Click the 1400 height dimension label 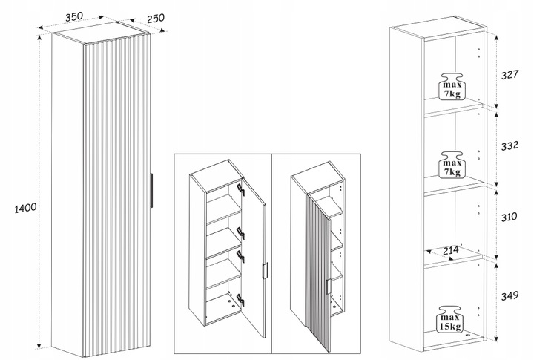coord(25,208)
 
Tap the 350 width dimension coord(74,17)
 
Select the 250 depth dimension coord(156,18)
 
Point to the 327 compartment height coord(510,74)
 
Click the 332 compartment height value coord(510,145)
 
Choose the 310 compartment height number coord(509,217)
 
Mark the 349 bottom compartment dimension coord(510,295)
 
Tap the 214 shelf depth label coord(451,251)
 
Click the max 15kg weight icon coord(451,319)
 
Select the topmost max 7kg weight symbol coord(452,86)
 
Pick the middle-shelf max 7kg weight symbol coord(452,165)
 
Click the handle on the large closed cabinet coord(151,190)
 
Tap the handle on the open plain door coord(265,272)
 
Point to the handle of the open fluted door coord(329,287)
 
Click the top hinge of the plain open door coord(241,189)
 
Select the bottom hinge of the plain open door coord(240,300)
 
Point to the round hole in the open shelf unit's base coord(467,335)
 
